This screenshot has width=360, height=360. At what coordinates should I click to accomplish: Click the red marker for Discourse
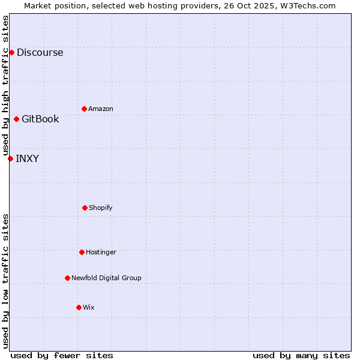[11, 52]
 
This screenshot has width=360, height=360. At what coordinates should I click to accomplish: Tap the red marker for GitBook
[16, 119]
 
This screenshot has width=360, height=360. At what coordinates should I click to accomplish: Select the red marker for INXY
[10, 158]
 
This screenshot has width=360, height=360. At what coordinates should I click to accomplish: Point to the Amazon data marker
[84, 109]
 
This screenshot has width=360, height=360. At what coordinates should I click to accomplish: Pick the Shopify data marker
[85, 208]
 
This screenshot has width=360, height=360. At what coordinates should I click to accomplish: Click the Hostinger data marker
[82, 252]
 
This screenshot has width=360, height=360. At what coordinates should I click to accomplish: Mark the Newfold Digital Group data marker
[67, 278]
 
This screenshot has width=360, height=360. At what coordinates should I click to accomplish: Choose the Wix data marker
[79, 307]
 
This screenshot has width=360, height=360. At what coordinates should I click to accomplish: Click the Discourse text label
[40, 52]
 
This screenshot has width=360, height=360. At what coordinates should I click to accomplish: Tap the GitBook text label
[40, 119]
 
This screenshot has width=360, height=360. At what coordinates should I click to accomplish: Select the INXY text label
[27, 158]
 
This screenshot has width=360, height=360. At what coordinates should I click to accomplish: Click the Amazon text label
[101, 109]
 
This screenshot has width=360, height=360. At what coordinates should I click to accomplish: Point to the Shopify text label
[101, 208]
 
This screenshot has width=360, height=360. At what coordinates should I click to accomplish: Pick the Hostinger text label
[101, 252]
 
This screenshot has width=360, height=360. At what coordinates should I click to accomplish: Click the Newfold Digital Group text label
[106, 278]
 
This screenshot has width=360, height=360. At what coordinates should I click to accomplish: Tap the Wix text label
[89, 307]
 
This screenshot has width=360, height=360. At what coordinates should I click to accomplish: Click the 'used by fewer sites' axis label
[62, 355]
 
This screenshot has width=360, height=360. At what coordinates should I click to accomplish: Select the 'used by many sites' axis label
[301, 355]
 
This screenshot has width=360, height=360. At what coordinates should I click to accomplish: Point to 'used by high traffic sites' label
[5, 85]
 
